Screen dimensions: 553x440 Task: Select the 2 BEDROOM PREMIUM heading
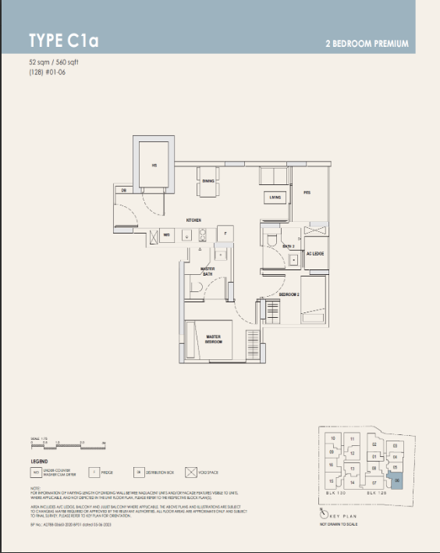click(366, 44)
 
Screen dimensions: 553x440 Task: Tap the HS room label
click(154, 165)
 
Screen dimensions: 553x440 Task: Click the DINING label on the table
click(208, 181)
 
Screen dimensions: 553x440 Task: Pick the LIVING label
click(275, 198)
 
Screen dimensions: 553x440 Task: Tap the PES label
click(307, 192)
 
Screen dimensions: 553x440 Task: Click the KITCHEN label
click(194, 220)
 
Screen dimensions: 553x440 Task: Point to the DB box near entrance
click(124, 190)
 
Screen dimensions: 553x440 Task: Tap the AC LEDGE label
click(314, 254)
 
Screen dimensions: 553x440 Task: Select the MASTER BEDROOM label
click(214, 340)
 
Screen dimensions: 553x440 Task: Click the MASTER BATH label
click(208, 271)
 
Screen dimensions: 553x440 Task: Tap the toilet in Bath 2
click(271, 238)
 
